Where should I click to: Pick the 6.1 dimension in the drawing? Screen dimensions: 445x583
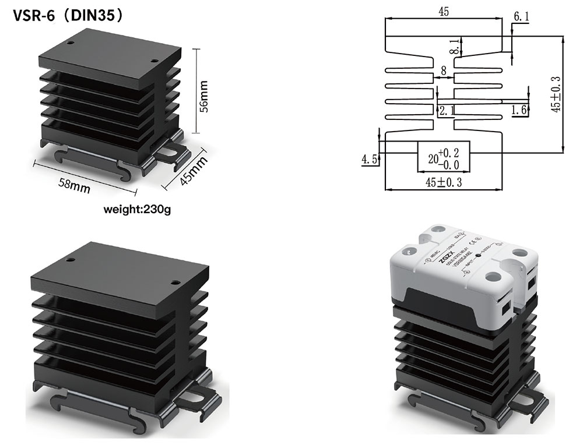(521, 17)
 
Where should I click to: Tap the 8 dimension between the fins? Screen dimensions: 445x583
(444, 70)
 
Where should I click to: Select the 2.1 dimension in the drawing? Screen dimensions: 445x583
(447, 111)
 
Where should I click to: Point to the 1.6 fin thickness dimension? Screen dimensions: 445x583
(519, 110)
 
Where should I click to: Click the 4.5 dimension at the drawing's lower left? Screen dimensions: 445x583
(368, 158)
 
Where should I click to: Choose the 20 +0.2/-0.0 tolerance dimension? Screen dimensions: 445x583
(444, 158)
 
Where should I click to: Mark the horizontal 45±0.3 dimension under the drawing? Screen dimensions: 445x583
(443, 182)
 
